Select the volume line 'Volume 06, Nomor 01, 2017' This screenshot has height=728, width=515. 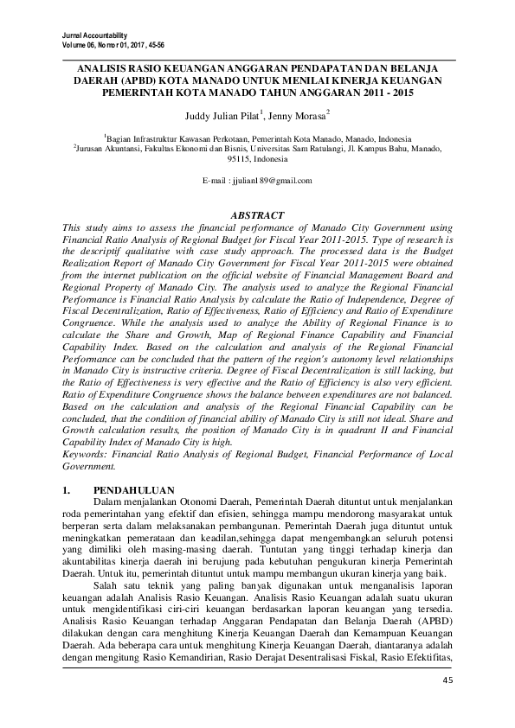113,43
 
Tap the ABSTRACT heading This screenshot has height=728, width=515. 257,214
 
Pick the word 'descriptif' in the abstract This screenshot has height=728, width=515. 101,249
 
